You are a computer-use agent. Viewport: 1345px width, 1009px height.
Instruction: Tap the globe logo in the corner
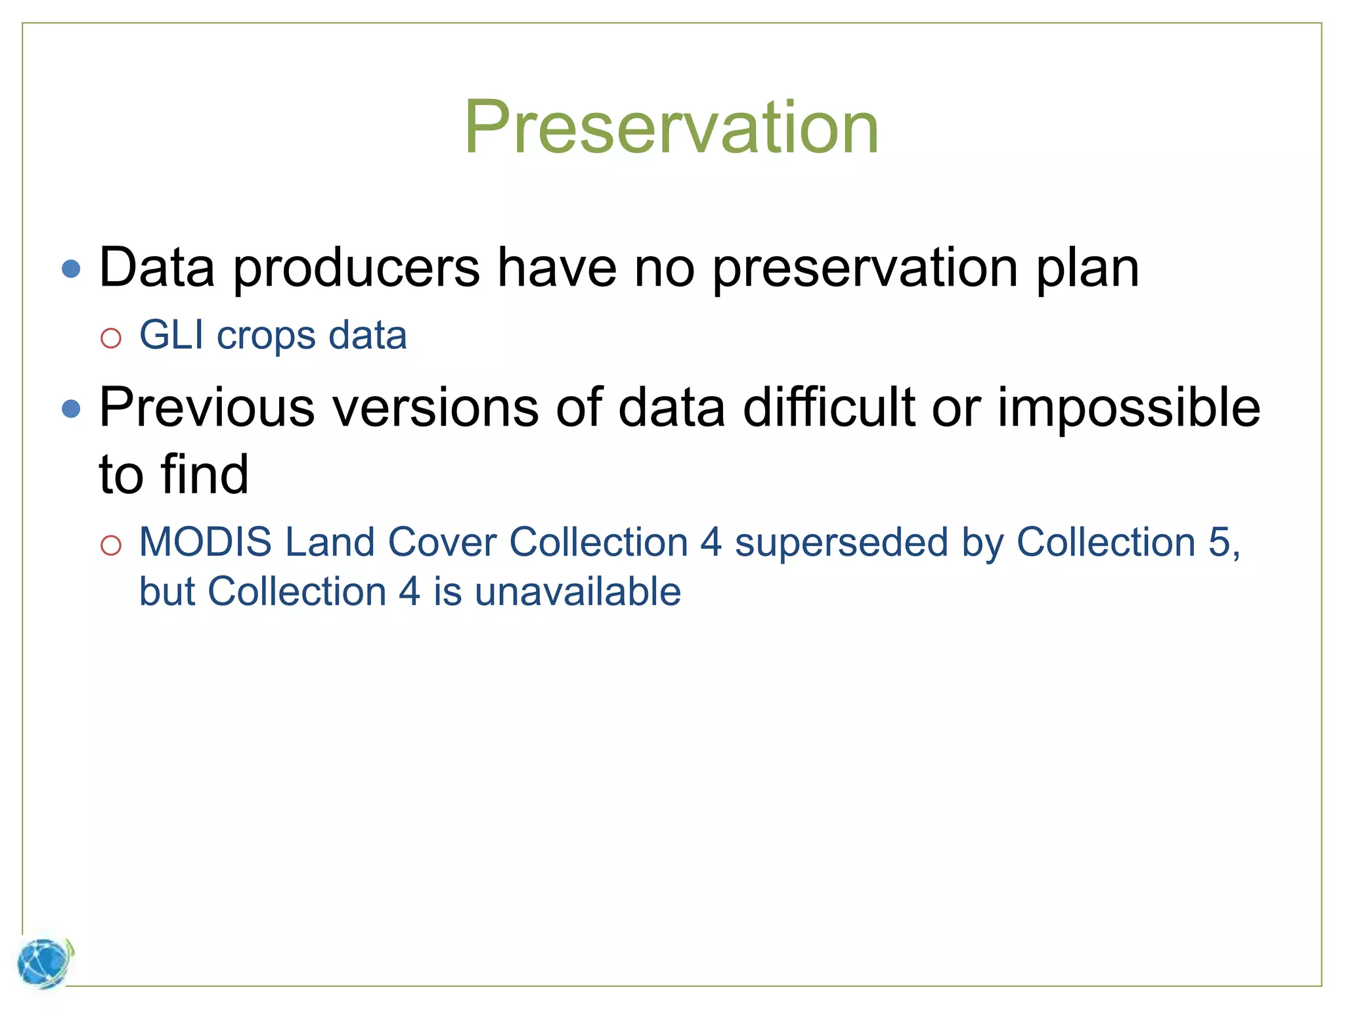click(44, 963)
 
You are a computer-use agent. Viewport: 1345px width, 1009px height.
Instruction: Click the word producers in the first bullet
click(357, 269)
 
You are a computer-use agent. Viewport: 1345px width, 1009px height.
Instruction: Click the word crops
click(266, 336)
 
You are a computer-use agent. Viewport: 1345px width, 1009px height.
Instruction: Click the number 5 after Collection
click(1219, 543)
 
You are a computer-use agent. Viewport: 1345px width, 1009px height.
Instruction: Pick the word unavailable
click(578, 592)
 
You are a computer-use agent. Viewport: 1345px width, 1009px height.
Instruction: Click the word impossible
click(1129, 408)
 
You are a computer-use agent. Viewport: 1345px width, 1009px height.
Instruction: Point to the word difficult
click(829, 408)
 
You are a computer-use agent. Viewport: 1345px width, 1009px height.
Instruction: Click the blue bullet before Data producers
click(71, 269)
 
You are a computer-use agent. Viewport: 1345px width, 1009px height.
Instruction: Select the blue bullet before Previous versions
click(71, 409)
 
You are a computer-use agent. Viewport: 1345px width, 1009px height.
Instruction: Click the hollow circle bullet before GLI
click(111, 338)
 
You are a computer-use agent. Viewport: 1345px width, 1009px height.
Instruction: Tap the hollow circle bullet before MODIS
click(111, 545)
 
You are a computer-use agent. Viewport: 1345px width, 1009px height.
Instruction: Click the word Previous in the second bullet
click(207, 408)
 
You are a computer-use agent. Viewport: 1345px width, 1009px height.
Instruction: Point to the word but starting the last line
click(167, 592)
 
